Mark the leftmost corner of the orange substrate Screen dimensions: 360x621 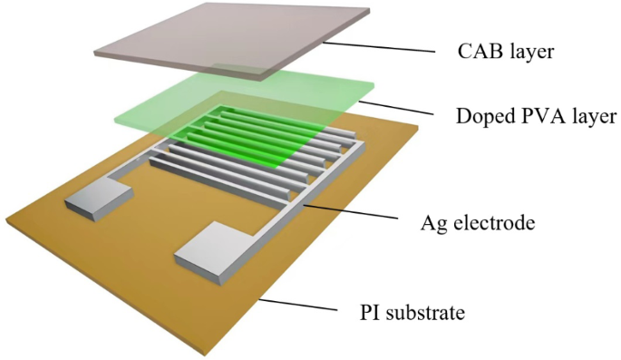5,220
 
